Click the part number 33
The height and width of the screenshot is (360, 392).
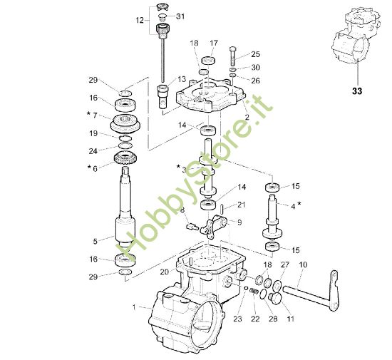tap(356, 91)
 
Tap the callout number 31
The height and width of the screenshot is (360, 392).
tap(180, 16)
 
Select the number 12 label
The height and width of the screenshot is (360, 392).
tap(140, 20)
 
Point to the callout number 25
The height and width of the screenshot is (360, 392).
tap(255, 54)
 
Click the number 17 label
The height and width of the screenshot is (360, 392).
tap(213, 43)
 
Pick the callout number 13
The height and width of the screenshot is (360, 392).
tap(182, 79)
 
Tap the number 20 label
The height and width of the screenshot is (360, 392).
tap(164, 272)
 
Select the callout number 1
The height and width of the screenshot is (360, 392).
tap(133, 307)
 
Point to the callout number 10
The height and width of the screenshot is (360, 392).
tap(302, 265)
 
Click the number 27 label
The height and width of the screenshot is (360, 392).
tap(285, 265)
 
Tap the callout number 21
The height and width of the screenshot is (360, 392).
tap(241, 205)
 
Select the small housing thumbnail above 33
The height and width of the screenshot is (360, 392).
tap(356, 39)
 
